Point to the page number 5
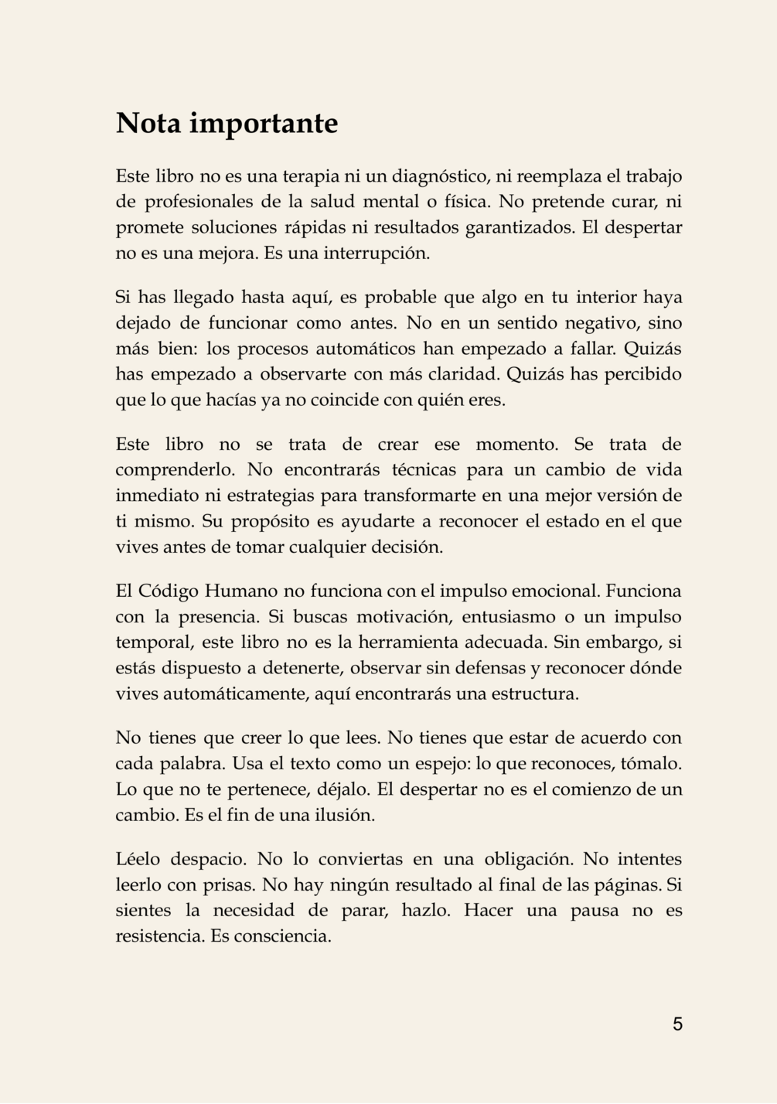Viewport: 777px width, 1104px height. point(677,1024)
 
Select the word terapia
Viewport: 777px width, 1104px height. point(310,176)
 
